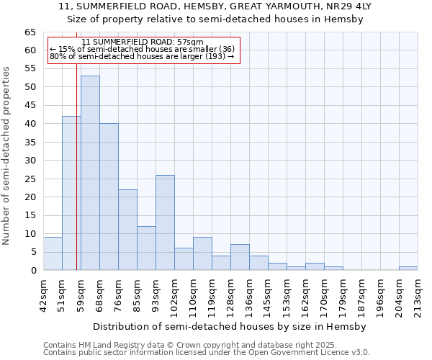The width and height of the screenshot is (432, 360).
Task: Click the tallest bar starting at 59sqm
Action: coord(90,173)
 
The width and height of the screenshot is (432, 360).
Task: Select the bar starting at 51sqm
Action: coord(71,193)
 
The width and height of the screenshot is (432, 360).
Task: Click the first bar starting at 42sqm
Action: coord(53,253)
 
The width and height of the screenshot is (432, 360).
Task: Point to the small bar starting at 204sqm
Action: coord(408,269)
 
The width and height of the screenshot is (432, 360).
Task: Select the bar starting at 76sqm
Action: coord(127,230)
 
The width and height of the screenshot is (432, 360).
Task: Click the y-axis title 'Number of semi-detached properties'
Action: coord(7,156)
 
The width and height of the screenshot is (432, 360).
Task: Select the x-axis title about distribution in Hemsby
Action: coord(230,326)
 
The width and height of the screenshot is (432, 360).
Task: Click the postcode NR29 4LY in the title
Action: coord(351,6)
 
